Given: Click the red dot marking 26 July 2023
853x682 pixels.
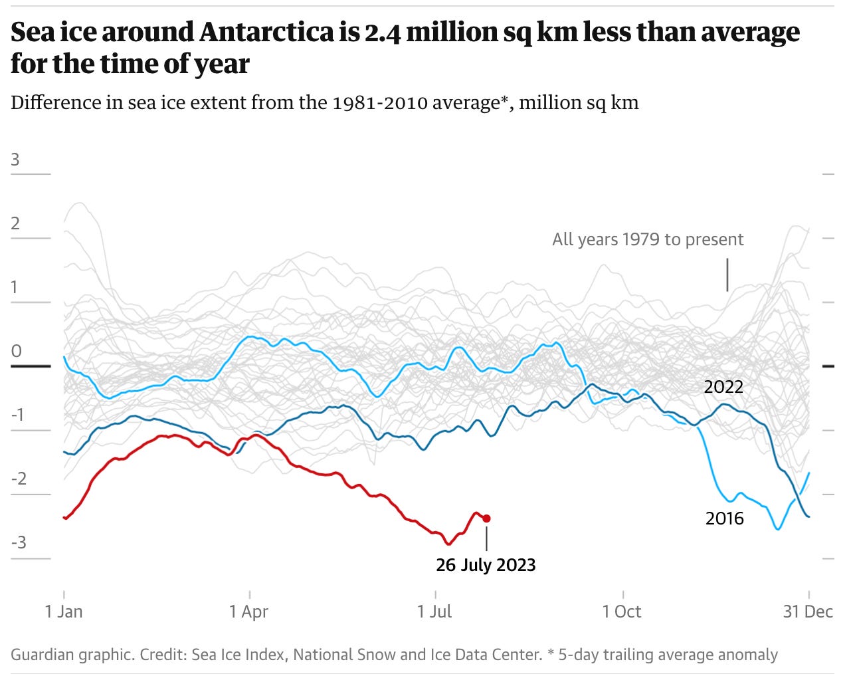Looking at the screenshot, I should pyautogui.click(x=486, y=518).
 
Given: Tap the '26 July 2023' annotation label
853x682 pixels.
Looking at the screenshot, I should pyautogui.click(x=486, y=565).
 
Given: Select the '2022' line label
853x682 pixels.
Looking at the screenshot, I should pyautogui.click(x=723, y=387).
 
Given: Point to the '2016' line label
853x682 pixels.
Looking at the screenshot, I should pyautogui.click(x=724, y=518).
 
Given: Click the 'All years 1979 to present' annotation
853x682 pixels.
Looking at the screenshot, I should pyautogui.click(x=648, y=239).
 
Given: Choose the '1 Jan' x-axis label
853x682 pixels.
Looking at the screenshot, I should pyautogui.click(x=64, y=612).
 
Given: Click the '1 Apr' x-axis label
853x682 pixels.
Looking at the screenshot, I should pyautogui.click(x=249, y=612).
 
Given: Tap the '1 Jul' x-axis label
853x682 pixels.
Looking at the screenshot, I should pyautogui.click(x=434, y=612).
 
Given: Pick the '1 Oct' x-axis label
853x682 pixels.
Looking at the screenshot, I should pyautogui.click(x=622, y=612).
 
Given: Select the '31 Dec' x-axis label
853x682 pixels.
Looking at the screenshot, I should pyautogui.click(x=807, y=612).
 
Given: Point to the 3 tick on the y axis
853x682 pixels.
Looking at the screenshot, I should pyautogui.click(x=15, y=160).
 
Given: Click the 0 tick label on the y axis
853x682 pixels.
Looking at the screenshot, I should pyautogui.click(x=16, y=351).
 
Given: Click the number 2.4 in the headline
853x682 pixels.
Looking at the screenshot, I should pyautogui.click(x=382, y=32).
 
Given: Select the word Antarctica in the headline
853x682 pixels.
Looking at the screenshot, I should pyautogui.click(x=268, y=32).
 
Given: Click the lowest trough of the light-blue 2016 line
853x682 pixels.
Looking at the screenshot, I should pyautogui.click(x=778, y=529).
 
